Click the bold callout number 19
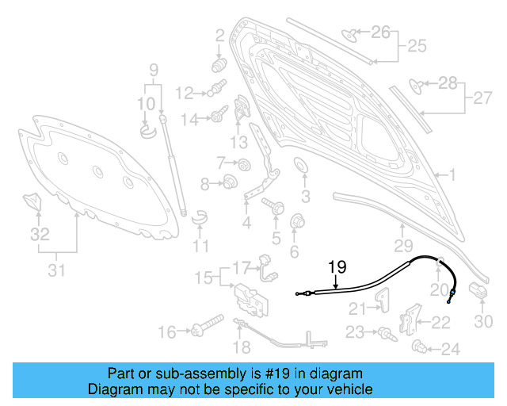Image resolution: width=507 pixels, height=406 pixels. tap(336, 267)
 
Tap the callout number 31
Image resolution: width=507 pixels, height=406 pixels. tap(55, 270)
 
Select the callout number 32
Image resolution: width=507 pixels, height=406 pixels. tap(39, 234)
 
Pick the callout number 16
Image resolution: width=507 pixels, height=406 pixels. tap(167, 331)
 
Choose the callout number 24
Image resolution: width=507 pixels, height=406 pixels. tap(450, 348)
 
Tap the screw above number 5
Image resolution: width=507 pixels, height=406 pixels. tap(278, 206)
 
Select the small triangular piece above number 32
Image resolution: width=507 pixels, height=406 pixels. tap(32, 201)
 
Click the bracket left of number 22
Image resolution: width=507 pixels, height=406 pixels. tap(409, 318)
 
